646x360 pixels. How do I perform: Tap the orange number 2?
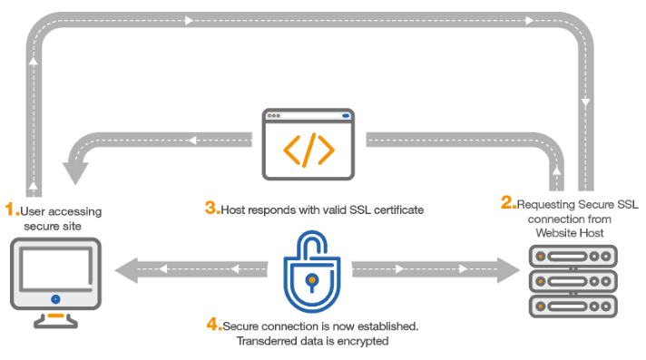(x=507, y=203)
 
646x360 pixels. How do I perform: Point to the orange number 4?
(x=212, y=323)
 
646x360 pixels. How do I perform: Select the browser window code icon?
(x=308, y=143)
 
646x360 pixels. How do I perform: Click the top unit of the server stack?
(x=572, y=254)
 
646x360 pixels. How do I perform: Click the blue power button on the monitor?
(x=55, y=297)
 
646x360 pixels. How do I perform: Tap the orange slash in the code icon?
(x=309, y=151)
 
